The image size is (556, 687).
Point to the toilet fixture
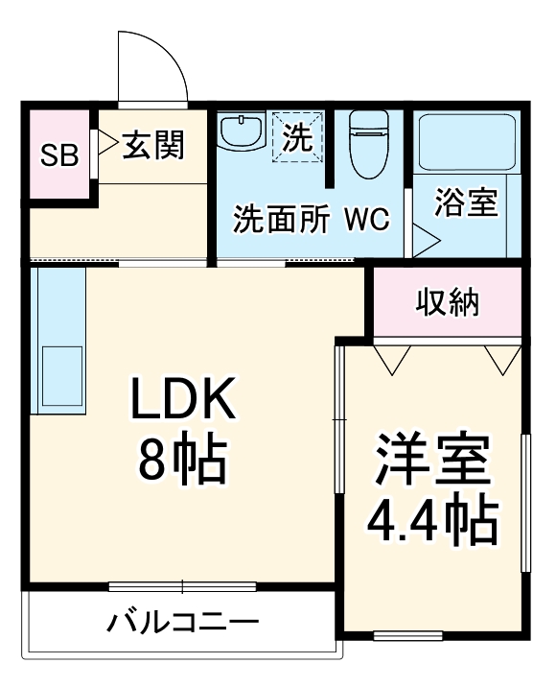pyautogui.click(x=367, y=144)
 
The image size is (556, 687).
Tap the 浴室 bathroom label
pyautogui.click(x=466, y=202)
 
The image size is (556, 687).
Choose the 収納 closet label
pyautogui.click(x=448, y=302)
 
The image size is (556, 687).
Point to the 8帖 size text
pyautogui.click(x=182, y=461)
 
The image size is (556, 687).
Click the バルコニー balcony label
pyautogui.click(x=182, y=622)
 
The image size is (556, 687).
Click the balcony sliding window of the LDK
pyautogui.click(x=182, y=585)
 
